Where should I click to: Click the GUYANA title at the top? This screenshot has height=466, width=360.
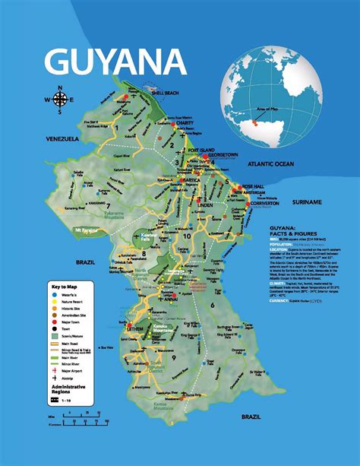pos(115,62)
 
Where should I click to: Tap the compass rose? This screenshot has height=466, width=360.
pos(59,100)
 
